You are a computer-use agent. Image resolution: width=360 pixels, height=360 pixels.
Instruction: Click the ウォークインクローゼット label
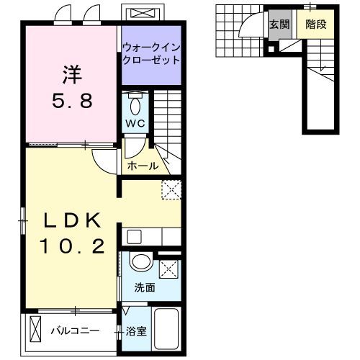[150, 54]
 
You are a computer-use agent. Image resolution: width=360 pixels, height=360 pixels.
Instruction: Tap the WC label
[136, 123]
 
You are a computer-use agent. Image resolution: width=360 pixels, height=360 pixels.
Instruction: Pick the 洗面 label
[144, 287]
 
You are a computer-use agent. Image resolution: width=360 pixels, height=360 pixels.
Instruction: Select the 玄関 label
[279, 24]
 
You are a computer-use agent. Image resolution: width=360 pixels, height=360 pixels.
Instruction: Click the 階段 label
[315, 24]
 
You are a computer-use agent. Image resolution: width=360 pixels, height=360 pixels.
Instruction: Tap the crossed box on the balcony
[37, 332]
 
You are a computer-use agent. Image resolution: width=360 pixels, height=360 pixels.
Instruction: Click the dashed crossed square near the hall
[171, 189]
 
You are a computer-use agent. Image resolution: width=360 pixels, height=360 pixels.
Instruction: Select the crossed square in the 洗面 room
[169, 269]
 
